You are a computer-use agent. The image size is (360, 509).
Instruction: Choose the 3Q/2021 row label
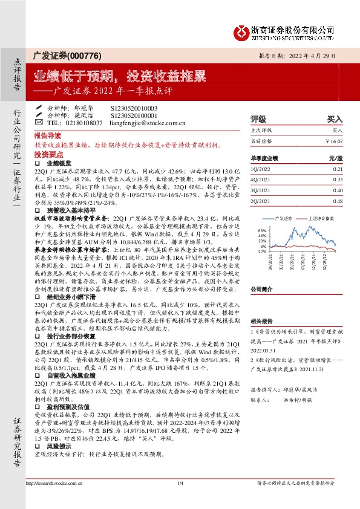[x=262, y=190]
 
